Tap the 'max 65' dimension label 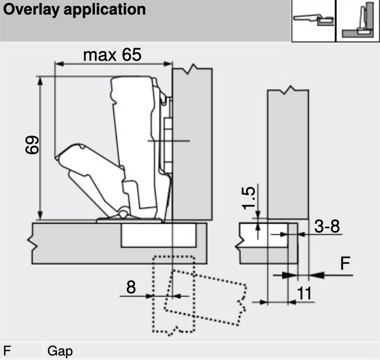(112, 55)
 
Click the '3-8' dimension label (327, 227)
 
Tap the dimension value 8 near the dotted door (130, 287)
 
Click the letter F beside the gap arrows (346, 264)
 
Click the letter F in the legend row (8, 352)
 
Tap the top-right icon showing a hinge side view (312, 20)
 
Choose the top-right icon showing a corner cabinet (357, 20)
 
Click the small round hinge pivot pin (122, 214)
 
